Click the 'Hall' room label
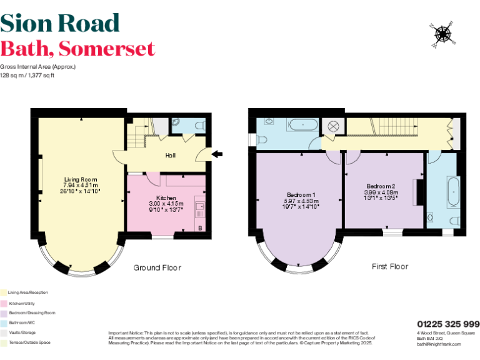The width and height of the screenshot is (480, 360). pyautogui.click(x=170, y=155)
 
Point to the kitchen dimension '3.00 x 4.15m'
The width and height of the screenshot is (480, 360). pyautogui.click(x=166, y=204)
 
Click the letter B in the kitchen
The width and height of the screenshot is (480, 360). pyautogui.click(x=200, y=229)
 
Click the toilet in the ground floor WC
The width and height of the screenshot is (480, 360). pyautogui.click(x=199, y=126)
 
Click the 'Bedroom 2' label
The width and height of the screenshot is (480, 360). pyautogui.click(x=381, y=186)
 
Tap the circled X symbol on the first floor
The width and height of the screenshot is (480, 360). pyautogui.click(x=333, y=125)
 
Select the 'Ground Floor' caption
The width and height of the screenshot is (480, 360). pyautogui.click(x=157, y=267)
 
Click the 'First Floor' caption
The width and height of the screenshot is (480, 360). pyautogui.click(x=389, y=266)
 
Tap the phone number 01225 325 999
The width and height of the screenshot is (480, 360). pyautogui.click(x=448, y=324)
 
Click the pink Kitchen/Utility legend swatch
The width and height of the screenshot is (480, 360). pyautogui.click(x=3, y=302)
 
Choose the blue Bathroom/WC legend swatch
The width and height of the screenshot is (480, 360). pyautogui.click(x=3, y=322)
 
